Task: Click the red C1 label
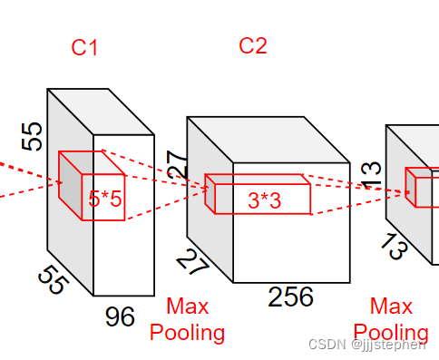point(84,47)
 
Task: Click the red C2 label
point(253,45)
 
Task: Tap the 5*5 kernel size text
point(105,199)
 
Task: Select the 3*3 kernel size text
point(264,200)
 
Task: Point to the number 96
point(120,316)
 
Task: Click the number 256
point(290,297)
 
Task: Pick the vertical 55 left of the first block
point(32,136)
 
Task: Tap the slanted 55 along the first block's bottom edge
point(54,279)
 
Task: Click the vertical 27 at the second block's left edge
point(177,165)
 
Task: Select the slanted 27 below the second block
point(192,262)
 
